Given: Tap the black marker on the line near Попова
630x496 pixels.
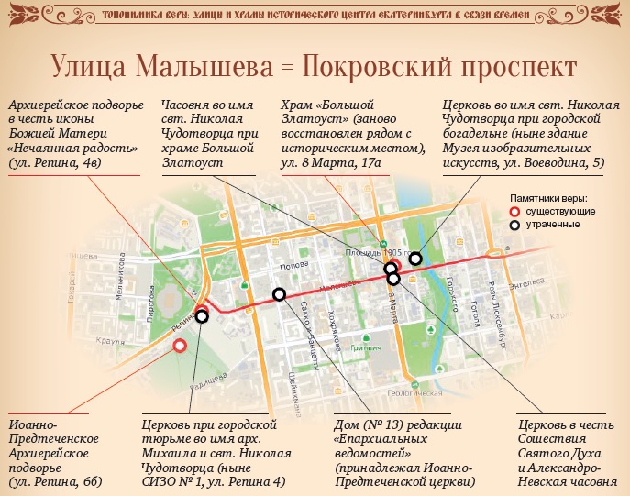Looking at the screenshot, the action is pyautogui.click(x=279, y=294).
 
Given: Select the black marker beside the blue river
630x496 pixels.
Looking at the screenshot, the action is pyautogui.click(x=415, y=259).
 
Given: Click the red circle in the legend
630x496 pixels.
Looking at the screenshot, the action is pyautogui.click(x=516, y=211).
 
